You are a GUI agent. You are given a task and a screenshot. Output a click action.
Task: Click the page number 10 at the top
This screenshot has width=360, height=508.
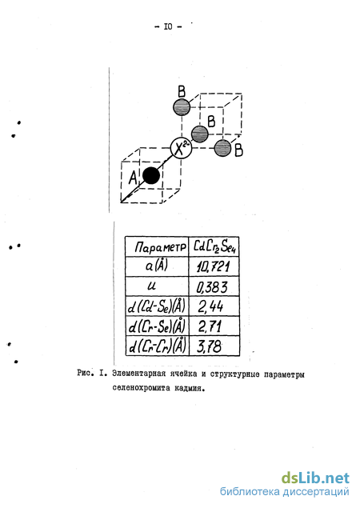coord(168,26)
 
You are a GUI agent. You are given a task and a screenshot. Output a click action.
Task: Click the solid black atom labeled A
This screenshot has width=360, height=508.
coord(151,175)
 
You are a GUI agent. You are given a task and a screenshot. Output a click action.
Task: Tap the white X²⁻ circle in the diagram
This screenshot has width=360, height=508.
coord(181,148)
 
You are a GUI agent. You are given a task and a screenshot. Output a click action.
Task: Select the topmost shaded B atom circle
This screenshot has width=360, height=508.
coord(182,107)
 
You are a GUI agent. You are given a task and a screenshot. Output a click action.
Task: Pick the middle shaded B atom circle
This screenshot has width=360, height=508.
coord(200,134)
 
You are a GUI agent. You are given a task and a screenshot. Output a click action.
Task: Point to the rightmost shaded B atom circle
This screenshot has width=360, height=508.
coord(223,148)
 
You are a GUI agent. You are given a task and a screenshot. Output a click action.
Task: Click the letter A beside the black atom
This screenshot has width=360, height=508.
coord(133,178)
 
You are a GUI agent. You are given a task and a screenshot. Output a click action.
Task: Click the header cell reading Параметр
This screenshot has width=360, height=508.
coord(161,247)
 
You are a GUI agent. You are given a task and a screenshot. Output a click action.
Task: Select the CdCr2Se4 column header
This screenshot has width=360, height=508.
coord(214,247)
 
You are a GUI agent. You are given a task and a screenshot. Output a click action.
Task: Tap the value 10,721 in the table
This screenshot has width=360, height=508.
coord(214,266)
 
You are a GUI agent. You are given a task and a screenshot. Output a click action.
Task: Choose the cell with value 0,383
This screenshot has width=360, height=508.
coord(212,287)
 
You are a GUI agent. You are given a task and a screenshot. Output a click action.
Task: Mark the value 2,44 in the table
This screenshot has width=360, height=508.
coord(210,306)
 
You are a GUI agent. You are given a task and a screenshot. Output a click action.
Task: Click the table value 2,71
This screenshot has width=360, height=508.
coord(210,326)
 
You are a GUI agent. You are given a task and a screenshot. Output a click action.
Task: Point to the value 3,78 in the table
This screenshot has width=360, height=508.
coord(210,346)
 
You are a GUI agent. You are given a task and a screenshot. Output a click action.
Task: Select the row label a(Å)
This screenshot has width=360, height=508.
coord(157,266)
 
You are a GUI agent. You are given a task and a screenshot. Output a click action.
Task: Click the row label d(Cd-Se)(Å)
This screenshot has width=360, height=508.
coord(157,306)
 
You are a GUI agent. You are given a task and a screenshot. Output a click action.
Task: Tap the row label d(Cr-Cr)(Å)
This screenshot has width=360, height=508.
coord(158,346)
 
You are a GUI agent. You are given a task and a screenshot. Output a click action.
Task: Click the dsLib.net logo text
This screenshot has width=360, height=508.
coord(315,478)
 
